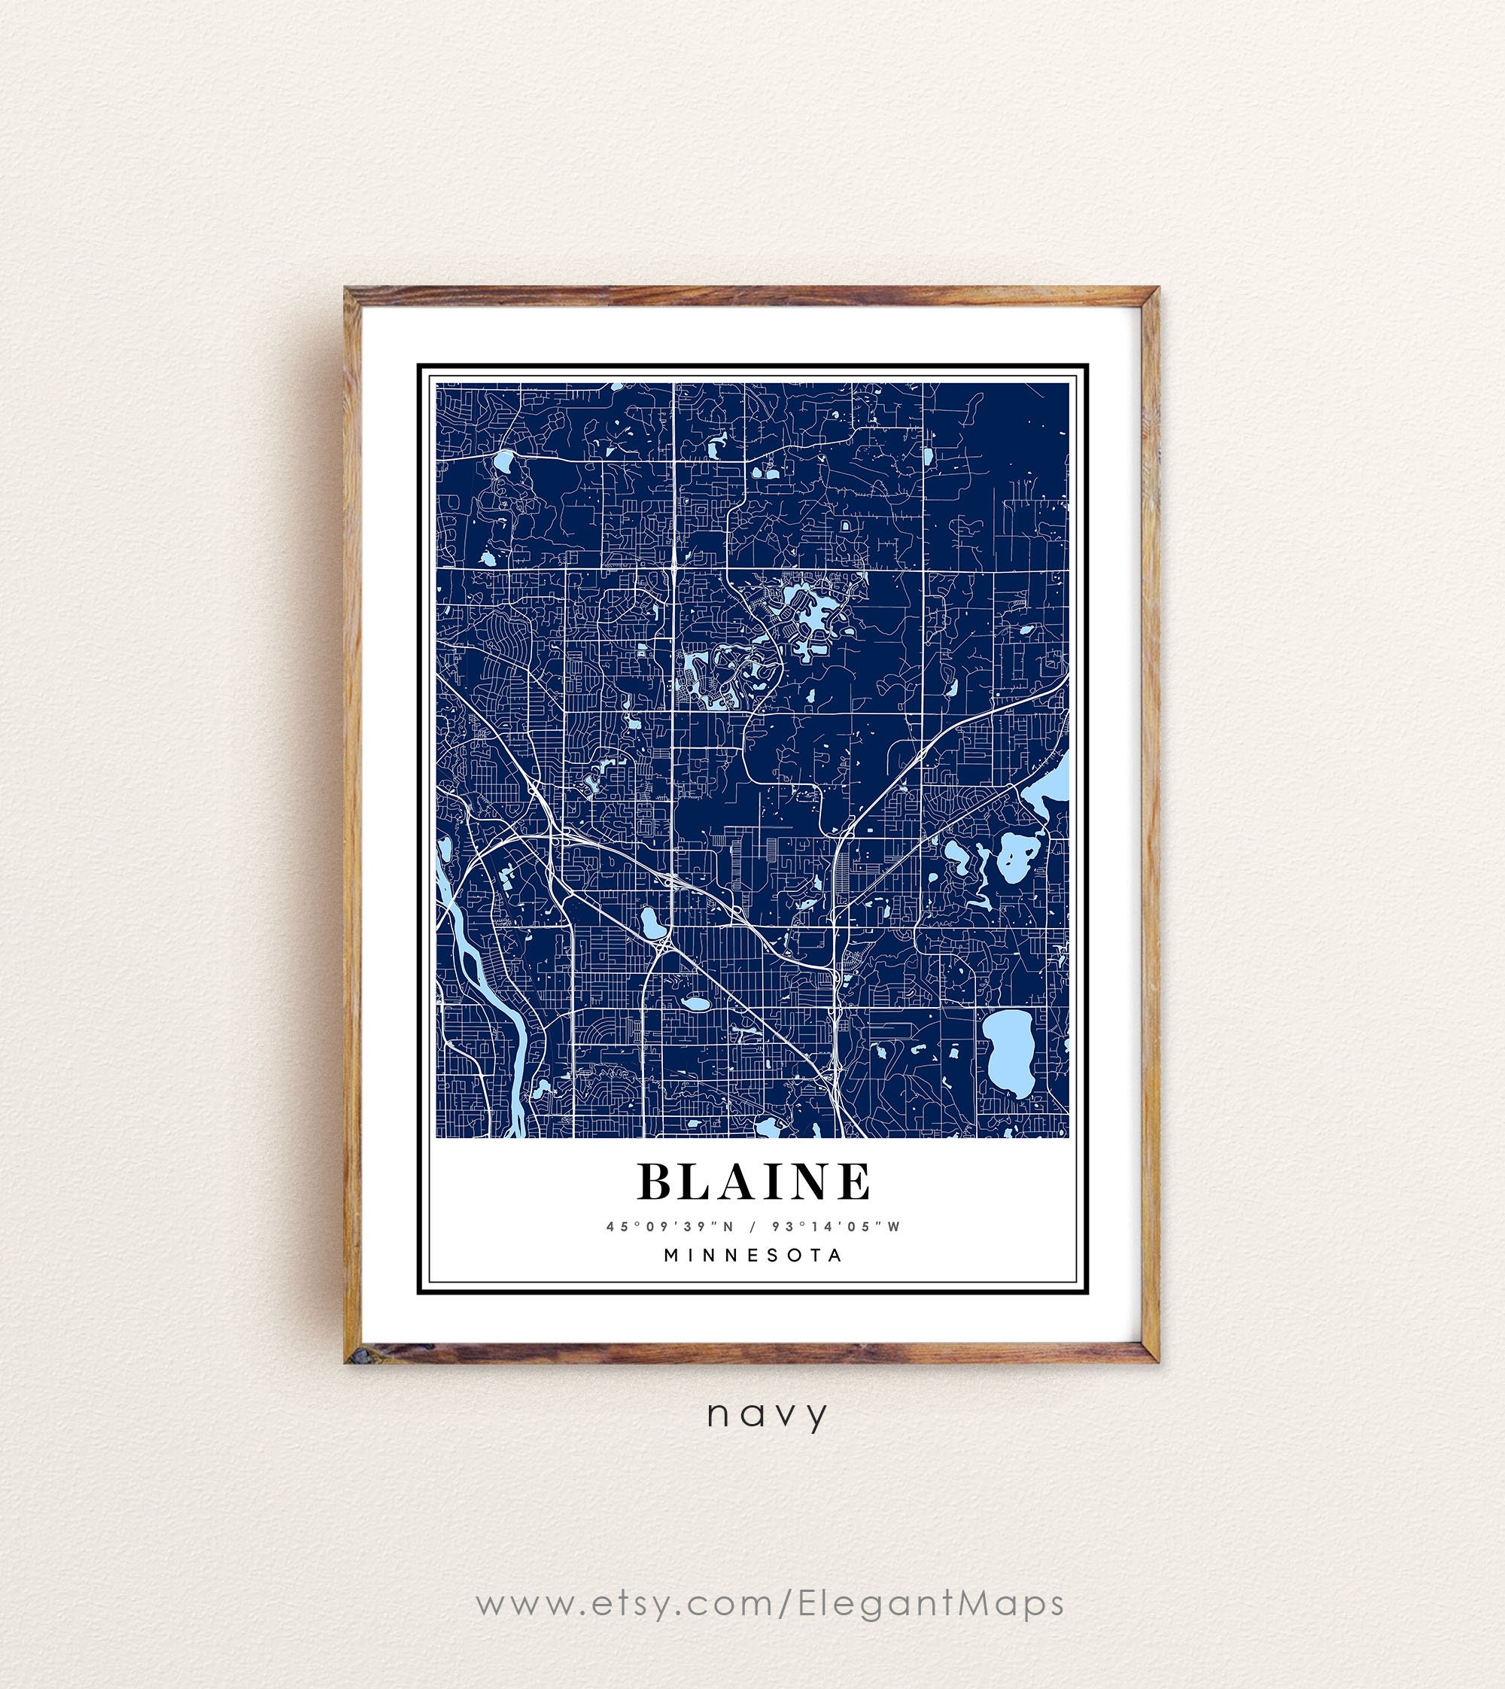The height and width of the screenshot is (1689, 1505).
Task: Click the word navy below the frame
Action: coord(767,1414)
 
